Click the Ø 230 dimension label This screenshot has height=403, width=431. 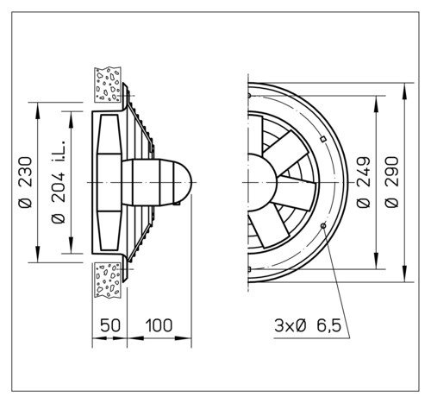coord(25,182)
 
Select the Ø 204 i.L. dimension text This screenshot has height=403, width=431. coord(59,182)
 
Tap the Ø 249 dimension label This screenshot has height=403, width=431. coord(364,182)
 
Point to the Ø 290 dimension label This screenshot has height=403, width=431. coord(392,182)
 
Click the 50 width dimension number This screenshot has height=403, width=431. coord(110,325)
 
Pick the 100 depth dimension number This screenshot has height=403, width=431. coord(159,325)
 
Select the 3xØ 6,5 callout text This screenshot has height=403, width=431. coord(308,326)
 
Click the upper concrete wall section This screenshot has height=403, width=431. coord(108,85)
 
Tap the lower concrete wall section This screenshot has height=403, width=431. coord(108,280)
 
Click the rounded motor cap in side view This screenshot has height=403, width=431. coord(182,182)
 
